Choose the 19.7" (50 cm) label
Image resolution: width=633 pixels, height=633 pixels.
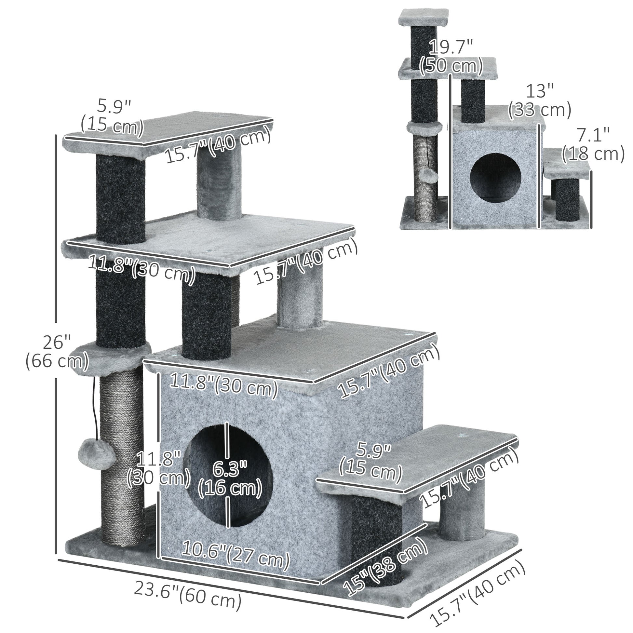[x=451, y=56]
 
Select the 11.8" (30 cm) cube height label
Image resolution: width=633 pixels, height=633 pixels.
[x=158, y=468]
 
